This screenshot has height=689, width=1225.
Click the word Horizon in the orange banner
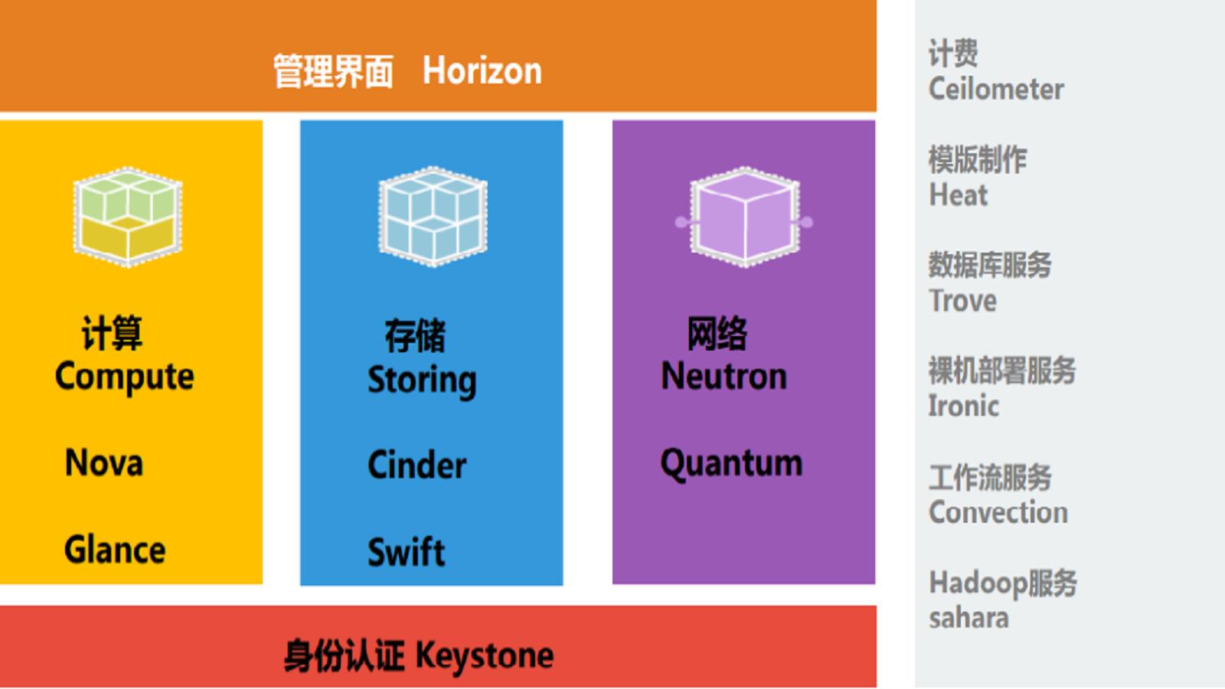pos(482,71)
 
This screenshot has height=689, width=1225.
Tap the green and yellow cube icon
pos(128,217)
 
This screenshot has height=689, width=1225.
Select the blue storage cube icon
pos(433,217)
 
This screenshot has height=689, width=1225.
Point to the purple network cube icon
pos(744,217)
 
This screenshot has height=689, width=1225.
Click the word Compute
pos(125,377)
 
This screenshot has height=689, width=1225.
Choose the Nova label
pos(104,462)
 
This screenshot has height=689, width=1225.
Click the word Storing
pos(422,380)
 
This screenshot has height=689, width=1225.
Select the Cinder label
pos(416,465)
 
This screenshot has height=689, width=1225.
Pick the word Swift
pos(407,552)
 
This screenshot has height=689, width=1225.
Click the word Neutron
pos(724,376)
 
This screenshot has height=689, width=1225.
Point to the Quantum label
pos(732,464)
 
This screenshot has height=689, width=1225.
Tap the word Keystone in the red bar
pos(485,655)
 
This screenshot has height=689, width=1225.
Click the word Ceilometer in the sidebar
pos(996,89)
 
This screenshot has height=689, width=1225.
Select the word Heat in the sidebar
pos(959,194)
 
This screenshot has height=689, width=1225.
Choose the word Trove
pos(962,301)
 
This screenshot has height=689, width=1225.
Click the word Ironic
pos(964,406)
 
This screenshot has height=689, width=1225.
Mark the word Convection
pos(998,512)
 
